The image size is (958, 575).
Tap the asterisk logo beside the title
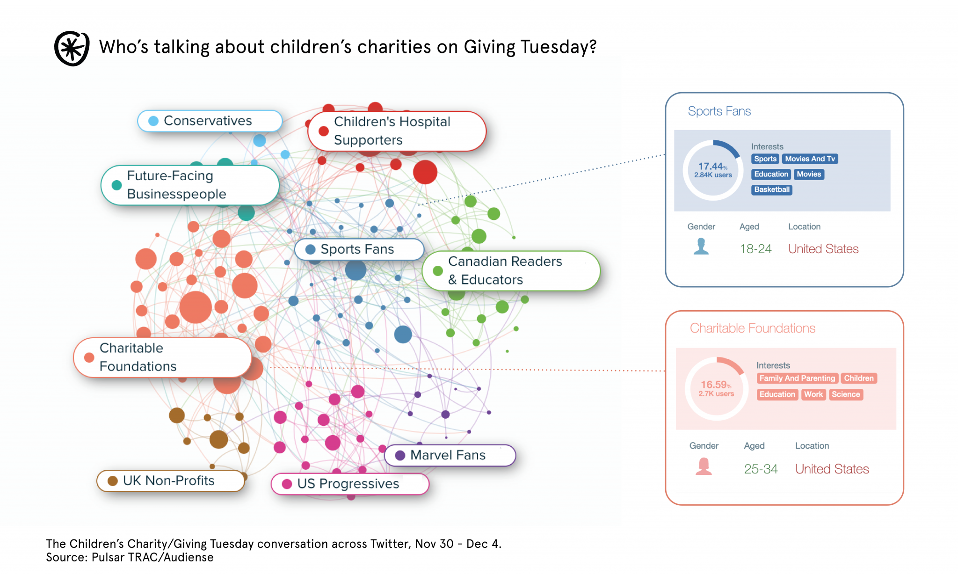(x=72, y=48)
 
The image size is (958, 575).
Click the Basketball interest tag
(x=771, y=189)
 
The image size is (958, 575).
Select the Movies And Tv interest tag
(x=810, y=159)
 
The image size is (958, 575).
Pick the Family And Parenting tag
(x=797, y=378)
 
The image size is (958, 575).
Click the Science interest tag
(x=845, y=394)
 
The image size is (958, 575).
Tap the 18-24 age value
(x=755, y=249)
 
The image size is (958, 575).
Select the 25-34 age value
(x=761, y=469)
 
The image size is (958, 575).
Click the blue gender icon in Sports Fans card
(x=701, y=246)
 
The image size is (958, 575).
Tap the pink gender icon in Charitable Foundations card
(x=704, y=466)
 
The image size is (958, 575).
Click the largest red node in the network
(x=425, y=172)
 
